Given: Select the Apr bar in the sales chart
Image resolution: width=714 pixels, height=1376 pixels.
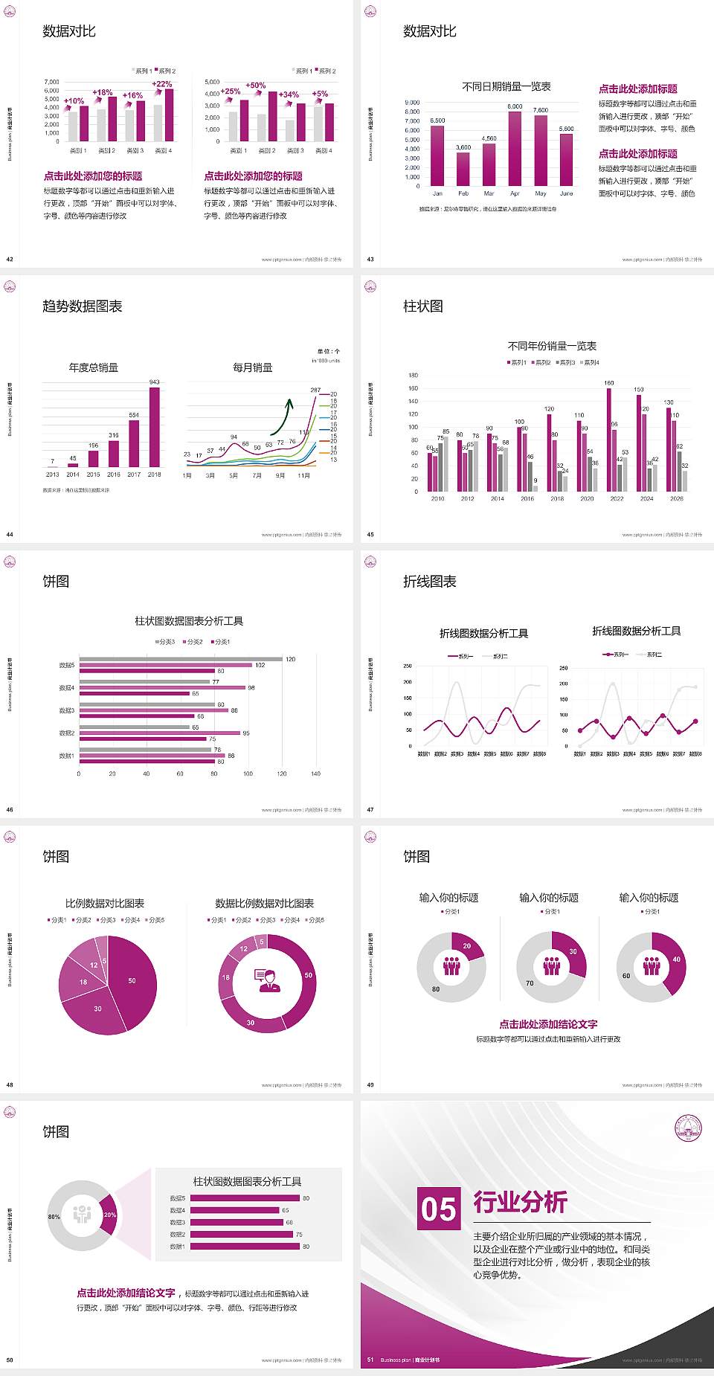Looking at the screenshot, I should pyautogui.click(x=515, y=149).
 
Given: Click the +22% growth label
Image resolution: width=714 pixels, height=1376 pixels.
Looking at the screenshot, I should pyautogui.click(x=161, y=84).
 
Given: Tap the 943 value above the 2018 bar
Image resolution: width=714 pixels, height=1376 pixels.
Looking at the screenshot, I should pyautogui.click(x=154, y=382).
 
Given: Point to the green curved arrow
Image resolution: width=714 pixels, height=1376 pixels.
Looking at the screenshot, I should pyautogui.click(x=282, y=417).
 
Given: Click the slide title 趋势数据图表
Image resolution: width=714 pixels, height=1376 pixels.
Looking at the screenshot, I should pyautogui.click(x=83, y=306).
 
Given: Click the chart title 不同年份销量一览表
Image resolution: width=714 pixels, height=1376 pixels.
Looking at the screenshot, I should pyautogui.click(x=552, y=346).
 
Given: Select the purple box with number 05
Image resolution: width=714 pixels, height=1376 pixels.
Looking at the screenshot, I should pyautogui.click(x=439, y=1209).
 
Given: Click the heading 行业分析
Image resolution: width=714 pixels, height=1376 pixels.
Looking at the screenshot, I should pyautogui.click(x=521, y=1202).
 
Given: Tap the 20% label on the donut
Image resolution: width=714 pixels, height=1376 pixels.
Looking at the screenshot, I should pyautogui.click(x=109, y=1215).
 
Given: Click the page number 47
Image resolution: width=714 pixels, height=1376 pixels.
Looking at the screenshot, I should pyautogui.click(x=370, y=810).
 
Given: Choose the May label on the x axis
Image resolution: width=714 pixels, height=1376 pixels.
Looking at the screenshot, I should pyautogui.click(x=541, y=193).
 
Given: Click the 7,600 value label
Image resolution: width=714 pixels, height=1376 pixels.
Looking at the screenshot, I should pyautogui.click(x=541, y=110).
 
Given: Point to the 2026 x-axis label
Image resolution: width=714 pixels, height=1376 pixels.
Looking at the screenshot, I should pyautogui.click(x=676, y=499).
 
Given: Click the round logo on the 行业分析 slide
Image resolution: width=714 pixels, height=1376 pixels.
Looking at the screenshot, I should pyautogui.click(x=688, y=1128).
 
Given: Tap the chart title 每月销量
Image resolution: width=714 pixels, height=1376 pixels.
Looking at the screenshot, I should pyautogui.click(x=252, y=367).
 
